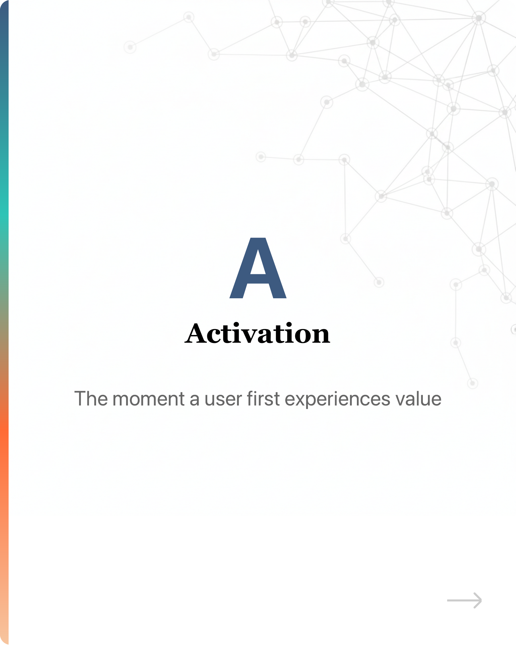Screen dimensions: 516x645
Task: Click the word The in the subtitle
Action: tap(91, 399)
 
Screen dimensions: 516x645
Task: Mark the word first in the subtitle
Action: tap(263, 399)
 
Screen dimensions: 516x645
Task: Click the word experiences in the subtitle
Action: tap(338, 400)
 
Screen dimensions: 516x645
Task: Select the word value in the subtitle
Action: tap(419, 399)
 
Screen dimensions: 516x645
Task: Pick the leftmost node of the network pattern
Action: tap(130, 47)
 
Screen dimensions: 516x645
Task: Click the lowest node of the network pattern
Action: tap(473, 383)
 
